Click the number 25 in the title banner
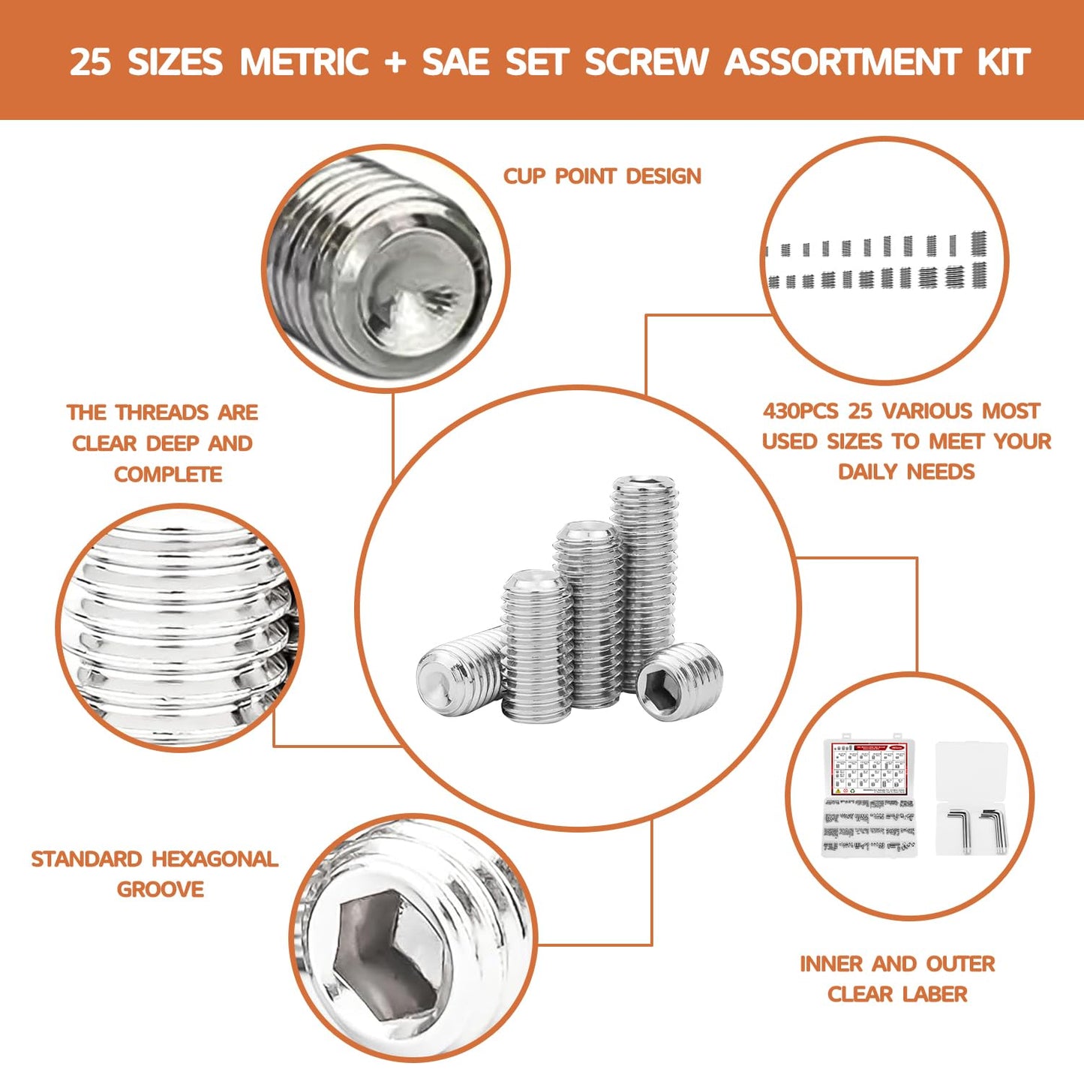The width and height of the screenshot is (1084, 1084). pos(91,62)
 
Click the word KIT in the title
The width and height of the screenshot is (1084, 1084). pos(1003,62)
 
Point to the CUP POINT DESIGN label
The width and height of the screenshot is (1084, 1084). pos(602,176)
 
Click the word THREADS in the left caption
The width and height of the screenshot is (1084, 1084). pos(162,413)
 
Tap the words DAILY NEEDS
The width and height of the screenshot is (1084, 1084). pos(906,472)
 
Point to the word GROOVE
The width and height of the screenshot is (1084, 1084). pos(161,890)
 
